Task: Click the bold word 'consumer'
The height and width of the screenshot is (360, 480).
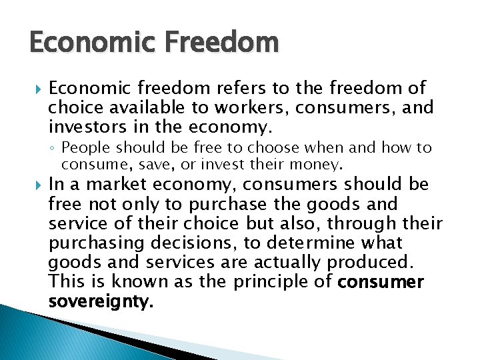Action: tap(381, 282)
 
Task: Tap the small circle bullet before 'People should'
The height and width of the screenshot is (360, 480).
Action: tap(53, 148)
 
